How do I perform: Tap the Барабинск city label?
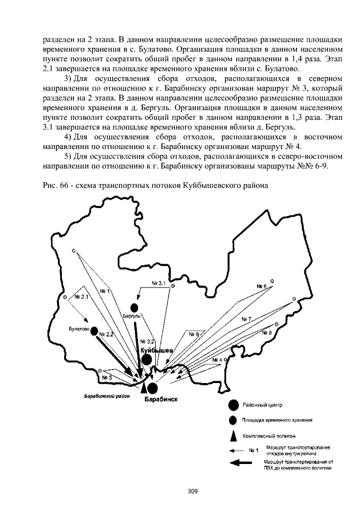click(161, 399)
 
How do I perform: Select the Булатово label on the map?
click(79, 328)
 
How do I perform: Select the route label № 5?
click(107, 377)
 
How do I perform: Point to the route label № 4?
click(218, 359)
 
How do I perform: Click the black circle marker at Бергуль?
click(134, 308)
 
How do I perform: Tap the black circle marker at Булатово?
click(94, 331)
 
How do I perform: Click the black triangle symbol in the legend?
click(232, 434)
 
